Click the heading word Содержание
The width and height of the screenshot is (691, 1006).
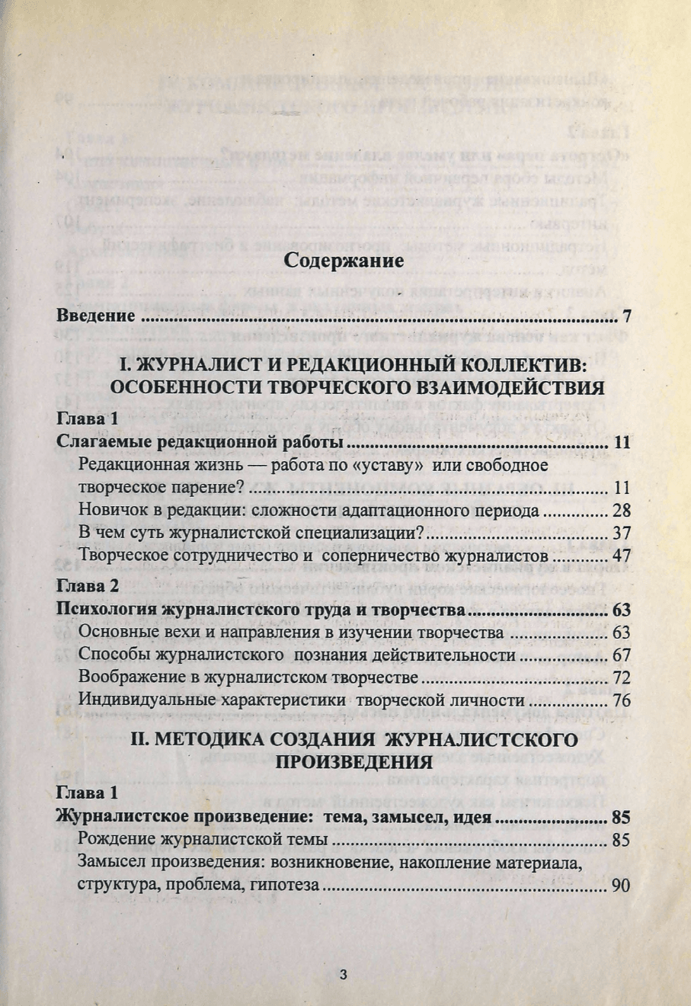344,260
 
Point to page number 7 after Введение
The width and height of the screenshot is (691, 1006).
626,316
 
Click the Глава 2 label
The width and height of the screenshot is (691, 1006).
88,587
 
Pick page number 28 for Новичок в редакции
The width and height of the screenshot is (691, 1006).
621,511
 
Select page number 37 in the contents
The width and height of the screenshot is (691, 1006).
621,533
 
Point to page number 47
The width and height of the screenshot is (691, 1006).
621,555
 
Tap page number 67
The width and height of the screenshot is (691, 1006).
621,655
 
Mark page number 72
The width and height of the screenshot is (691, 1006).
621,678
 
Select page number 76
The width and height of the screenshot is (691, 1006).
621,700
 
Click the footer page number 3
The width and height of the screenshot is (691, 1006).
343,974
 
